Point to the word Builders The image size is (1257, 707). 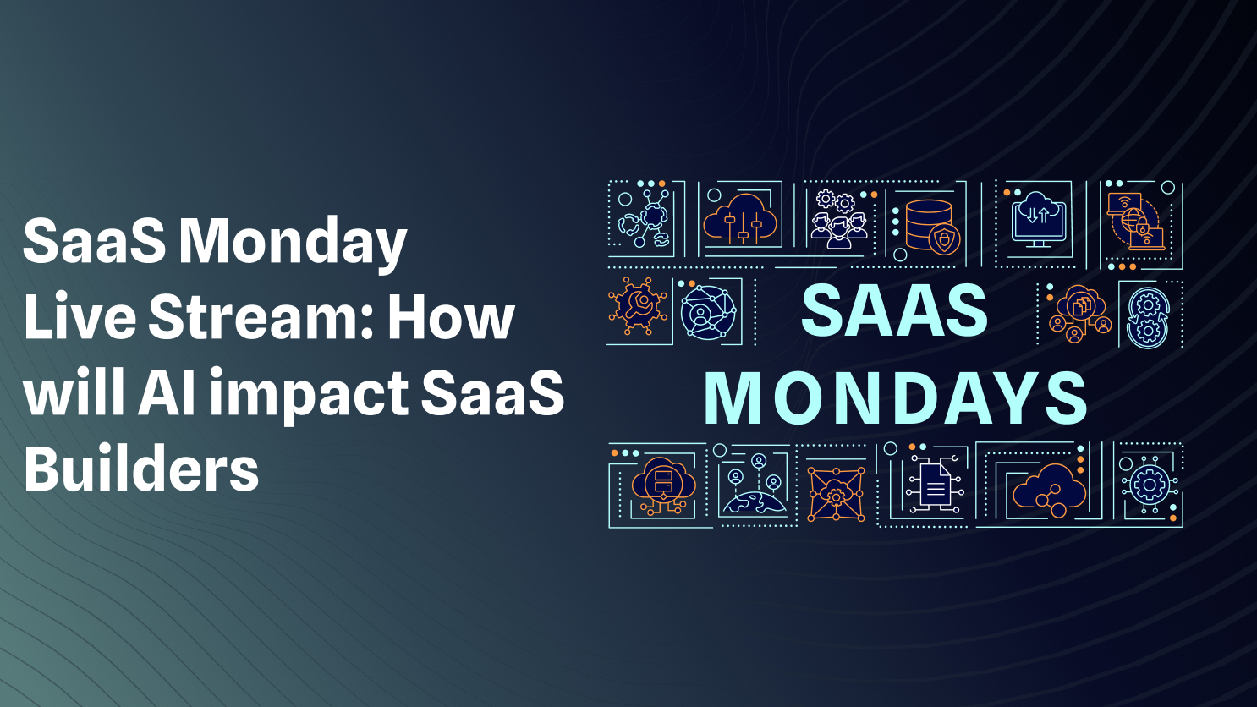(141, 470)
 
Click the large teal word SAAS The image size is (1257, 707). (894, 311)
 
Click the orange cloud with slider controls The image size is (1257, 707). (741, 220)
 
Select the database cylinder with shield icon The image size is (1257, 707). (930, 226)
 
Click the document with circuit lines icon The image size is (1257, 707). (934, 485)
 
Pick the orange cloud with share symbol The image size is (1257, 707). (1050, 489)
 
